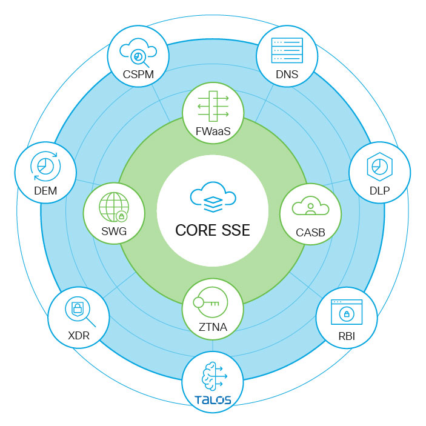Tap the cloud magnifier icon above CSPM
coord(138,53)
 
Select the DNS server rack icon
coord(286,48)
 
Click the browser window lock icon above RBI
coord(346,313)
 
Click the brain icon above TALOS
coord(213,377)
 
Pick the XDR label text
coord(78,336)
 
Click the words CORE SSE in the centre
coord(213,231)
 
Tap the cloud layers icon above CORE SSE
coord(213,199)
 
